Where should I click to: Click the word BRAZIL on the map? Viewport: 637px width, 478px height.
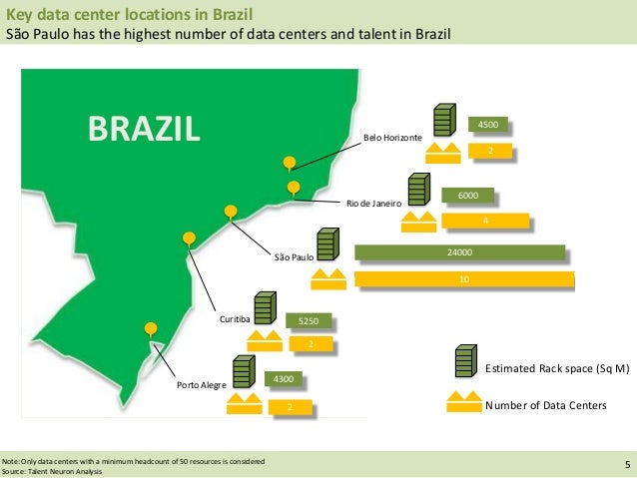pyautogui.click(x=144, y=128)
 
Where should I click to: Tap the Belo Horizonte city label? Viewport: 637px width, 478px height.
pyautogui.click(x=391, y=135)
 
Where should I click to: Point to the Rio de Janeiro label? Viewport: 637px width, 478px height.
pyautogui.click(x=373, y=203)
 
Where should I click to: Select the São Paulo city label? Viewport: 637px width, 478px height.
pyautogui.click(x=295, y=257)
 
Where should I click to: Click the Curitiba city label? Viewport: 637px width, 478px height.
pyautogui.click(x=235, y=318)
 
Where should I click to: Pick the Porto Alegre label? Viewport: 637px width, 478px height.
pyautogui.click(x=202, y=384)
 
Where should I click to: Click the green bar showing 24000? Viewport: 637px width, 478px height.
pyautogui.click(x=459, y=254)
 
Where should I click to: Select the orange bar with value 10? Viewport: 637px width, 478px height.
pyautogui.click(x=464, y=279)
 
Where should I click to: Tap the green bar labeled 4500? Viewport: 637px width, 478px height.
pyautogui.click(x=488, y=125)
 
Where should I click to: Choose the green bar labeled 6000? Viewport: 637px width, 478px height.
pyautogui.click(x=467, y=196)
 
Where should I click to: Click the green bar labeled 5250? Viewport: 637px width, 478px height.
pyautogui.click(x=307, y=320)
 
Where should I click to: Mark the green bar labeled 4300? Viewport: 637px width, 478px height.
pyautogui.click(x=284, y=380)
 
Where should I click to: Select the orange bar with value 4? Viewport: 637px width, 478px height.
pyautogui.click(x=485, y=220)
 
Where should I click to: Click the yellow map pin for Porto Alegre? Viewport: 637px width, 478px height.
pyautogui.click(x=151, y=327)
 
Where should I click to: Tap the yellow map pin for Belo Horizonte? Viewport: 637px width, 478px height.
pyautogui.click(x=290, y=162)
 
